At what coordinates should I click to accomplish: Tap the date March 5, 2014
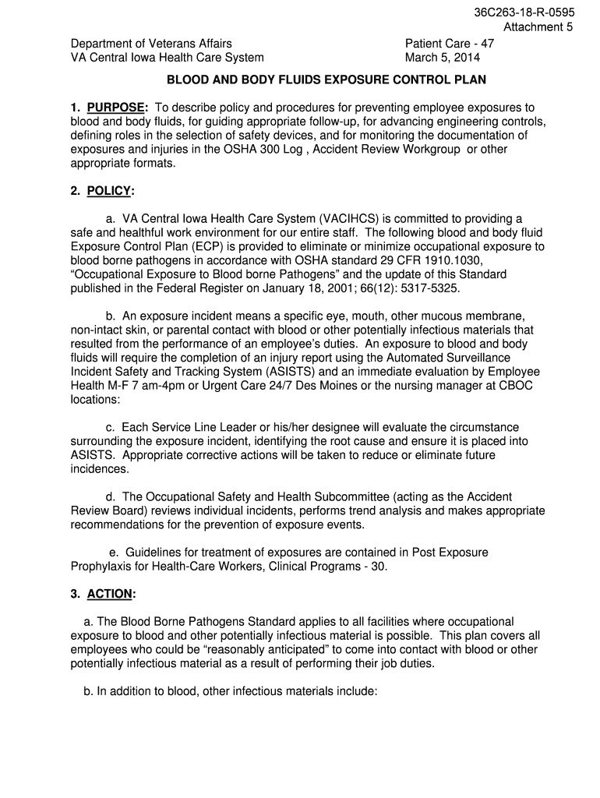(443, 58)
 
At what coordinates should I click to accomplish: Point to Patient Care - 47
(449, 44)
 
